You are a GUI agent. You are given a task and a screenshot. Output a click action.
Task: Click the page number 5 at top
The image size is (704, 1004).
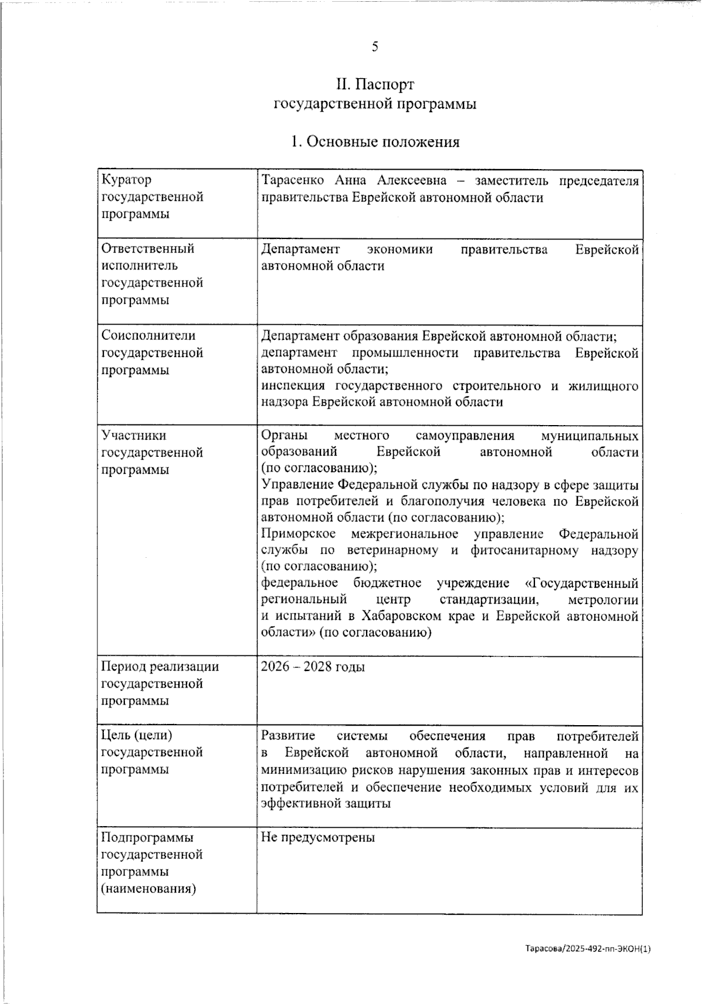click(374, 47)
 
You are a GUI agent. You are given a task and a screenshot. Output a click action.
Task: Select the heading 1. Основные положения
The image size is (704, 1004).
click(375, 141)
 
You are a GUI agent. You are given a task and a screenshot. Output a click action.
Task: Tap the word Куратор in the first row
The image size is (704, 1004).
click(126, 180)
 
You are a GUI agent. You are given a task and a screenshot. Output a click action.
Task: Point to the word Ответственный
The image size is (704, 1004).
click(148, 248)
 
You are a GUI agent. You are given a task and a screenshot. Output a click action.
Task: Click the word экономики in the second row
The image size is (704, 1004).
click(400, 250)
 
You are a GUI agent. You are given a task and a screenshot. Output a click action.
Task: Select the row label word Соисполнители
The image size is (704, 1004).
click(148, 335)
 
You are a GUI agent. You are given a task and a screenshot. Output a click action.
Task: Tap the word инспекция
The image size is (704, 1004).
click(293, 386)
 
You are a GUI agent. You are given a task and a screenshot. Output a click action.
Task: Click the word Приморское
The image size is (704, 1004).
click(299, 534)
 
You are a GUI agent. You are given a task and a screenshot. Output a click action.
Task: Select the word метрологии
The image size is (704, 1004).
click(603, 599)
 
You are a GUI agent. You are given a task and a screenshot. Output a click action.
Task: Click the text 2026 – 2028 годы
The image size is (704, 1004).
click(313, 667)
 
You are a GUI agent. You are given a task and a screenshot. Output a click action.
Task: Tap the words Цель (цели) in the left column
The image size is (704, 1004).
click(137, 735)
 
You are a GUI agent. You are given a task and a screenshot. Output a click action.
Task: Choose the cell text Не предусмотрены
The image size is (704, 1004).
click(318, 837)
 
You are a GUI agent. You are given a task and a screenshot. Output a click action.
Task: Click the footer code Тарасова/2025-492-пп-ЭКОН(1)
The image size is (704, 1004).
click(588, 948)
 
